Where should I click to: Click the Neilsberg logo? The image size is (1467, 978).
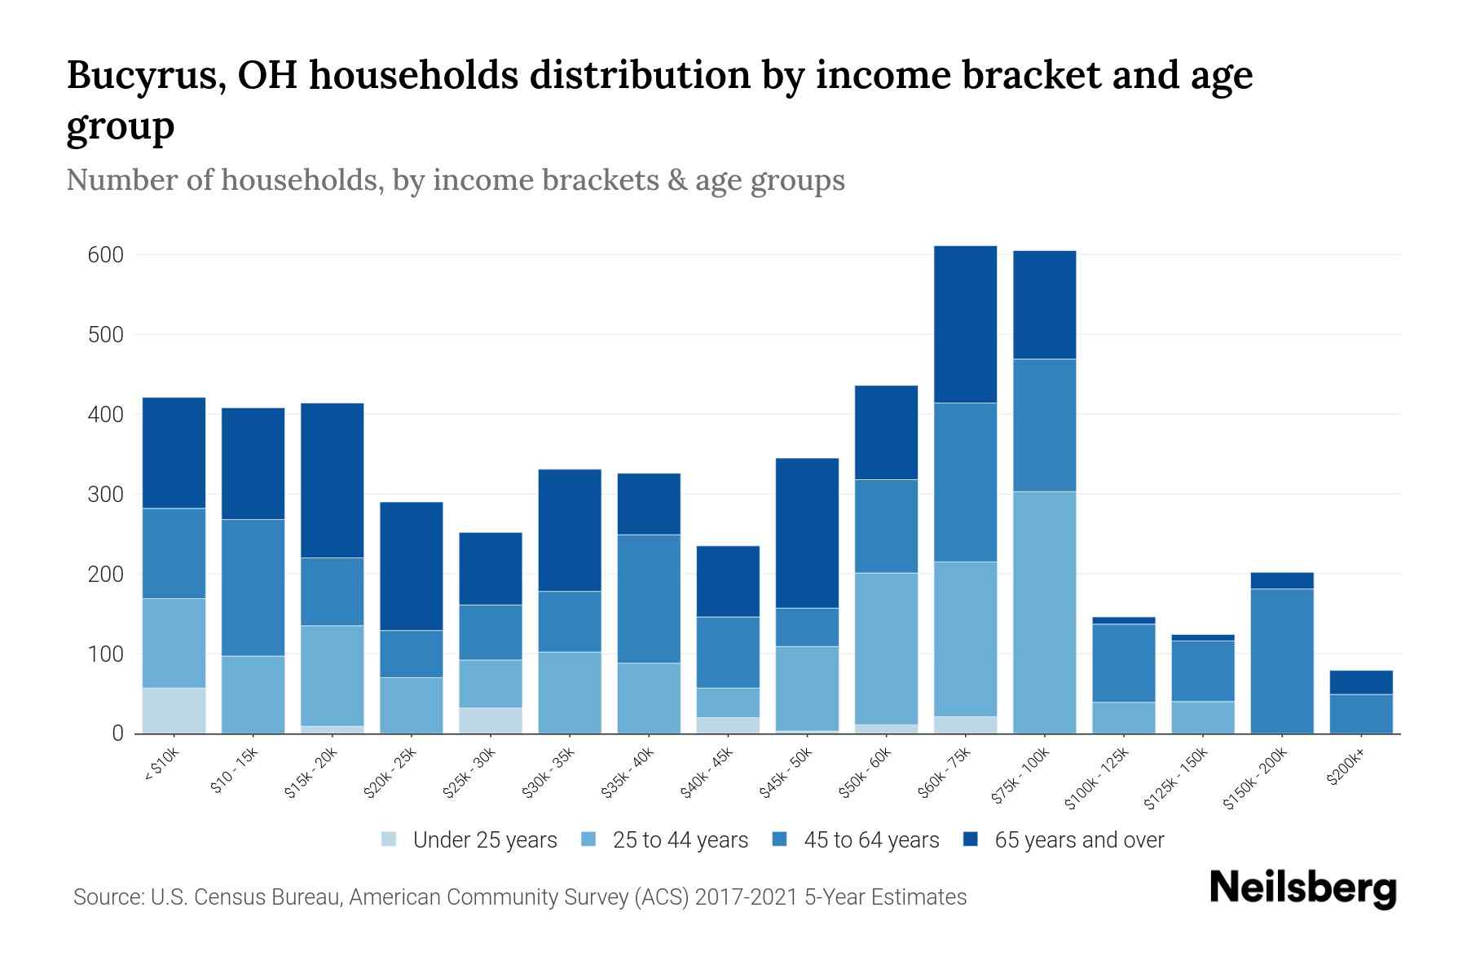point(1302,888)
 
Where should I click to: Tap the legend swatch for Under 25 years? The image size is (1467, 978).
point(390,839)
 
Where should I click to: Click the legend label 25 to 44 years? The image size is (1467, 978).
point(680,840)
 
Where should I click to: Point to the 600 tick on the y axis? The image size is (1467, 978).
point(105,255)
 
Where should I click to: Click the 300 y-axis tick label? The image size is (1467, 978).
point(105,495)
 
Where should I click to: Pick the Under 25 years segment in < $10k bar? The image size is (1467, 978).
point(174,711)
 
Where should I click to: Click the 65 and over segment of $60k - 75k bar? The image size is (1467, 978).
point(965,324)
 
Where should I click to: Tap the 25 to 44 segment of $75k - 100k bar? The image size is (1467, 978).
point(1044,612)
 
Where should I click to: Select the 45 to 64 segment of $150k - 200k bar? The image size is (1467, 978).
point(1282,661)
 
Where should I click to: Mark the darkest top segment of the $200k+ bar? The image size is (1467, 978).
point(1361,682)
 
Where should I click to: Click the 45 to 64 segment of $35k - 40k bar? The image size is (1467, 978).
point(649,599)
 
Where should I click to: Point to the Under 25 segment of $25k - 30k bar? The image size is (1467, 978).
point(491,720)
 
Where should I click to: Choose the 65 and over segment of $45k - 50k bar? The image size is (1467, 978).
point(807,533)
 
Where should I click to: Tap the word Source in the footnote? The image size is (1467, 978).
point(106,897)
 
